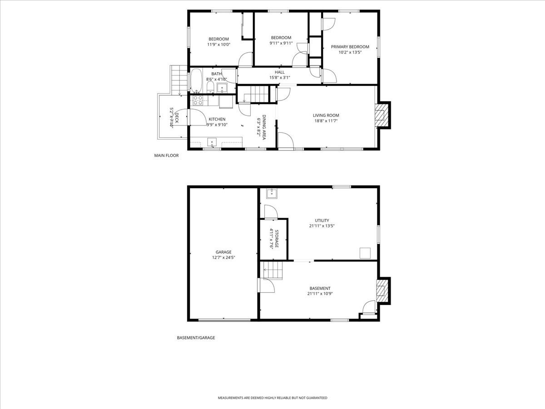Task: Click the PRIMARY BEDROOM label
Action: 350,47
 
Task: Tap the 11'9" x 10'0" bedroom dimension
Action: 218,45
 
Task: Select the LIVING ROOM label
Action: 326,115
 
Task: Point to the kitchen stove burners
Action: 198,100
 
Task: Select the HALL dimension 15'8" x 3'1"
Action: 279,78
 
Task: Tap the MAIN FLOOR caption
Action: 166,155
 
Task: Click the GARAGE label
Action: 223,252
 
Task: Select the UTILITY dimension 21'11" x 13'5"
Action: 322,226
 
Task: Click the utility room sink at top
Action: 272,194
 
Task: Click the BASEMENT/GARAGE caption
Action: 196,338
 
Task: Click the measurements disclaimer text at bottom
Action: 272,398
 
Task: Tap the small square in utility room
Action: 365,253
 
